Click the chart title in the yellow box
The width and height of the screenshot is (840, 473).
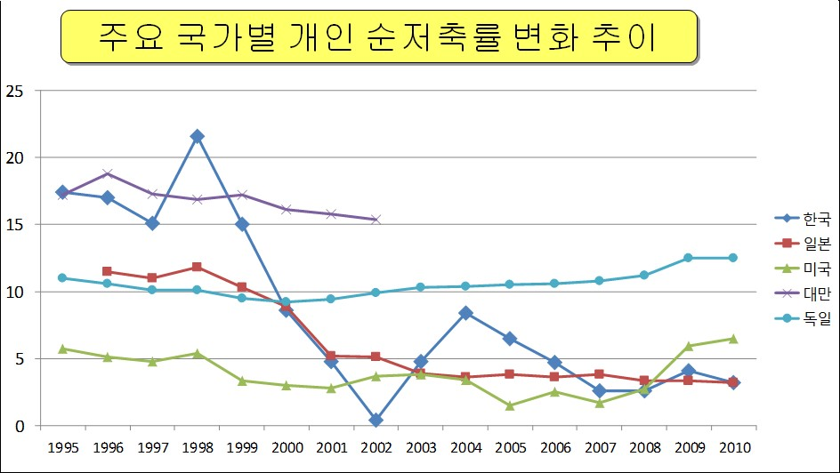click(x=378, y=36)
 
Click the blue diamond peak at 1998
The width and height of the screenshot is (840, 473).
click(x=198, y=136)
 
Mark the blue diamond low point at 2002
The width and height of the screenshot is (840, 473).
click(x=376, y=420)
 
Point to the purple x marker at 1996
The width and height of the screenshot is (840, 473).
click(x=108, y=173)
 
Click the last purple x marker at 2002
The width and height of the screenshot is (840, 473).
click(x=376, y=220)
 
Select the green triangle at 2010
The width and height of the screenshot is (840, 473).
click(x=733, y=339)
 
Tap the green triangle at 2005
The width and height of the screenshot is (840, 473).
click(x=510, y=405)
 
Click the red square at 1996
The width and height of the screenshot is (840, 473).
click(x=108, y=271)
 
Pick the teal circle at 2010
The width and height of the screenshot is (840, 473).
click(x=733, y=258)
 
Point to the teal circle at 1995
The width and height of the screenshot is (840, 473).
click(x=62, y=277)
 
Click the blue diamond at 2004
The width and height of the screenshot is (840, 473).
click(x=465, y=313)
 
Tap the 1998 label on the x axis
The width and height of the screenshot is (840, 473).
click(x=198, y=446)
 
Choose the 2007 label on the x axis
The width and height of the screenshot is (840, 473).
click(x=599, y=446)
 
